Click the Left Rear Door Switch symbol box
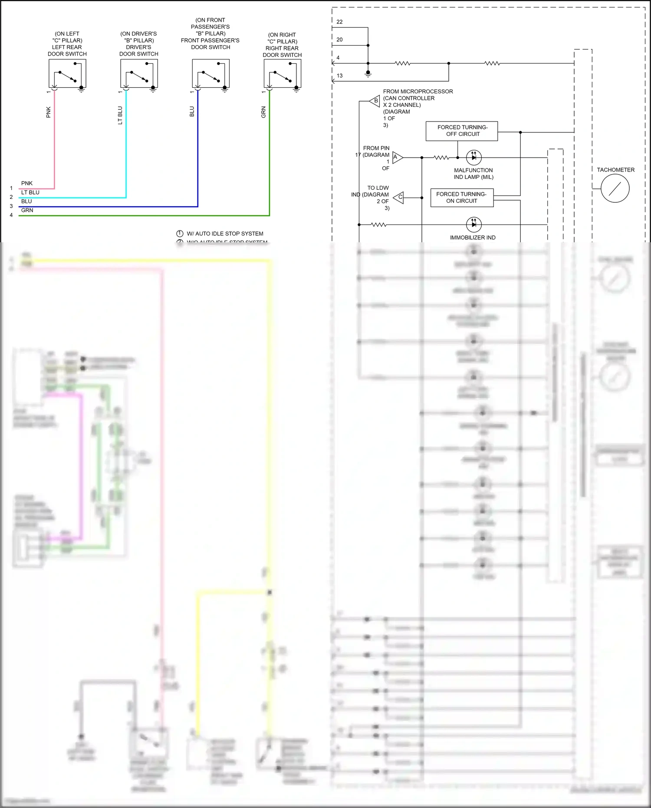click(67, 74)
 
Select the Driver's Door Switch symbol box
click(139, 74)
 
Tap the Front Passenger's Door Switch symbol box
click(210, 74)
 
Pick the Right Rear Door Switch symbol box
click(283, 74)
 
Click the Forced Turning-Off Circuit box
click(462, 131)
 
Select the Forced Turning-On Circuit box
click(462, 198)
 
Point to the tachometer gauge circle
click(615, 188)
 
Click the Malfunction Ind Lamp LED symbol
click(473, 157)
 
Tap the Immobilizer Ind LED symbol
click(473, 224)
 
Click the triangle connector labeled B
click(375, 101)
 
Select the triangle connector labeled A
click(397, 157)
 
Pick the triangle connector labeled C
click(399, 198)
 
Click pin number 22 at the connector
click(339, 22)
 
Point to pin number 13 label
click(339, 76)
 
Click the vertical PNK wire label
click(49, 112)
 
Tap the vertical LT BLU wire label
click(120, 115)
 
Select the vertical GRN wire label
click(263, 112)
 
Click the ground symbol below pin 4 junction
click(368, 75)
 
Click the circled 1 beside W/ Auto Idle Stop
click(180, 234)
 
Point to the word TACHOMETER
click(615, 170)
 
